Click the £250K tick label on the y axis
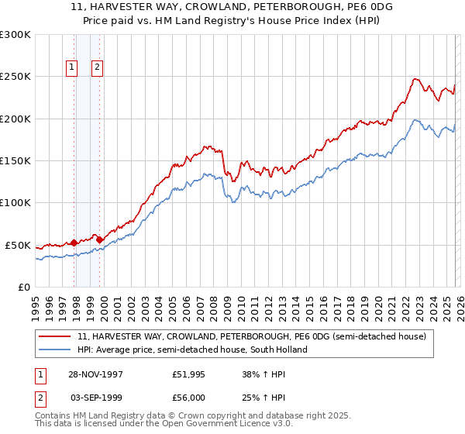pyautogui.click(x=15, y=77)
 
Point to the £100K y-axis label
pyautogui.click(x=15, y=203)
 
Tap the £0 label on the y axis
pyautogui.click(x=24, y=288)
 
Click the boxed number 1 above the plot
pyautogui.click(x=72, y=67)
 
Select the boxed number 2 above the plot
pyautogui.click(x=97, y=67)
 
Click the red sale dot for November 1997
pyautogui.click(x=74, y=243)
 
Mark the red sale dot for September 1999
pyautogui.click(x=99, y=239)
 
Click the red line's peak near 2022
pyautogui.click(x=415, y=78)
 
